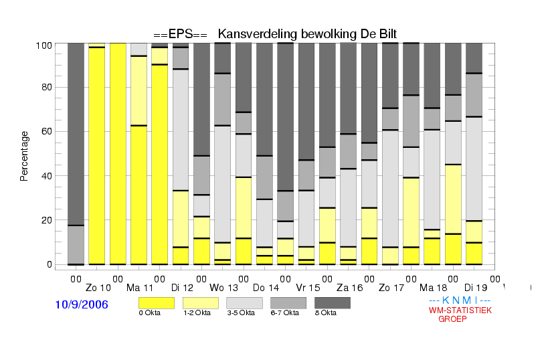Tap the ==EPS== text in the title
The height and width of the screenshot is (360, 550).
[x=180, y=34]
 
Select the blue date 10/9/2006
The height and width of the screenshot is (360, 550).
[x=82, y=304]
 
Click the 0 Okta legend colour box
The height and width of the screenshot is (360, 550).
[x=157, y=303]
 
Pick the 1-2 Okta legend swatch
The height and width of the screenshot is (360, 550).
[x=201, y=303]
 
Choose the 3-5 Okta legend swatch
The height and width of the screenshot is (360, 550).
[x=244, y=303]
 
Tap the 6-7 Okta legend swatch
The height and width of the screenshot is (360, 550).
[x=288, y=303]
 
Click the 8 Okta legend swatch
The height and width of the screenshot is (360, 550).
[x=333, y=303]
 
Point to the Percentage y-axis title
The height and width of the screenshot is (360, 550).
[x=24, y=156]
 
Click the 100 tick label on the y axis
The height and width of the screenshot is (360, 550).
[x=44, y=46]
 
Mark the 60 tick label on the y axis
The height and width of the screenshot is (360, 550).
[x=47, y=131]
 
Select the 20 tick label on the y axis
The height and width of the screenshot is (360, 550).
[x=47, y=220]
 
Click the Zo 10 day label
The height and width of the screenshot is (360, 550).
[x=98, y=288]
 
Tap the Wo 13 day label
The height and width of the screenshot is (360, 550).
[x=223, y=288]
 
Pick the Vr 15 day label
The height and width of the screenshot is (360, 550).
[x=308, y=288]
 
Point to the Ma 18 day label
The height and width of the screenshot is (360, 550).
[x=434, y=288]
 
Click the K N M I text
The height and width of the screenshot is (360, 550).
[x=460, y=300]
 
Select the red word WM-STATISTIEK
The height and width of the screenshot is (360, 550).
[x=460, y=310]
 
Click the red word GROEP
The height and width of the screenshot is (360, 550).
[x=452, y=319]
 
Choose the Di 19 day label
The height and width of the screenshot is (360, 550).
[x=476, y=288]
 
